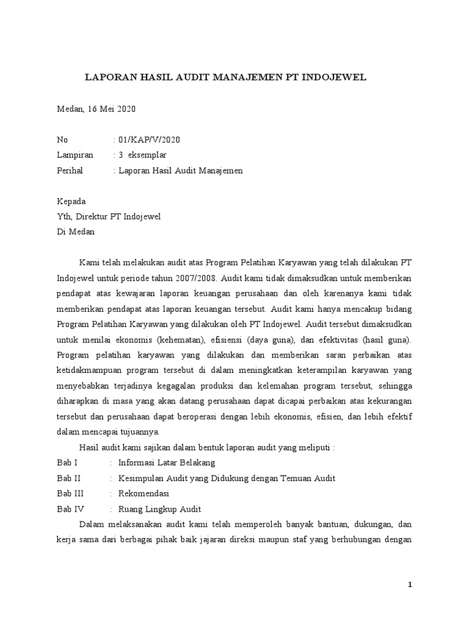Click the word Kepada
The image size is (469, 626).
[x=71, y=202]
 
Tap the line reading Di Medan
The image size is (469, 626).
[x=76, y=232]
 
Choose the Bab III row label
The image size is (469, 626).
[x=70, y=493]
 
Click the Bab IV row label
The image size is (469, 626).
[x=71, y=509]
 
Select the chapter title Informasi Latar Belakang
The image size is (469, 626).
[x=167, y=462]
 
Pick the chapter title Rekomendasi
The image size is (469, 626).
[x=144, y=493]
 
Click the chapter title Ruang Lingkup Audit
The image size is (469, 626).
[x=159, y=509]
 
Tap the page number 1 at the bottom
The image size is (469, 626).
[x=410, y=585]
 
